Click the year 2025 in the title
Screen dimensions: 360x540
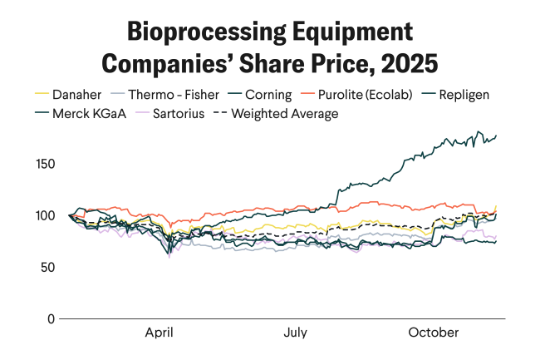pos(410,62)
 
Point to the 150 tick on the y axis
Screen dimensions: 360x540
pos(45,164)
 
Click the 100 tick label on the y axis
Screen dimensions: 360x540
pos(45,215)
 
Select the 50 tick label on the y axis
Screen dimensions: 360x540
pos(48,267)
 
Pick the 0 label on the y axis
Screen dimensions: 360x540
pos(51,318)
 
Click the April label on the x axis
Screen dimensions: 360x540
pos(159,333)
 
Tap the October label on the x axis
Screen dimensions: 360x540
pos(433,333)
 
